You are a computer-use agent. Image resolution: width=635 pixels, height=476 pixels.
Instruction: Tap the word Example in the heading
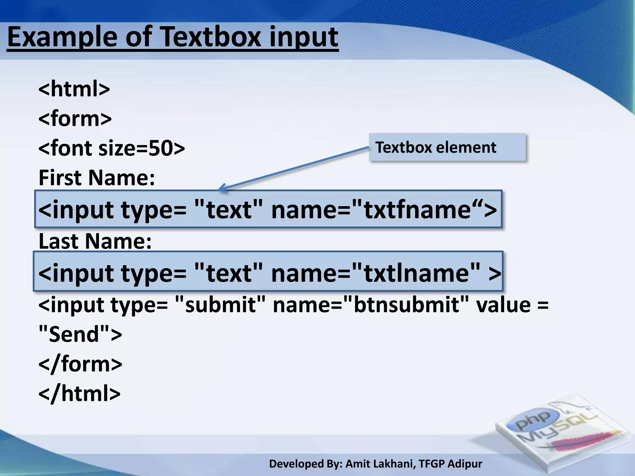[x=62, y=37]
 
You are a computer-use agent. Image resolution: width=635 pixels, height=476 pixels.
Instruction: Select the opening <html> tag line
[x=74, y=89]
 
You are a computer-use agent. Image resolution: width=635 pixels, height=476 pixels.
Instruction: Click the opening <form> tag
[x=75, y=118]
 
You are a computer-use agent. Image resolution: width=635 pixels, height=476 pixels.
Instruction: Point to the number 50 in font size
[x=161, y=148]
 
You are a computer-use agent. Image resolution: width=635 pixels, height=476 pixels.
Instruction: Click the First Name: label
[x=96, y=178]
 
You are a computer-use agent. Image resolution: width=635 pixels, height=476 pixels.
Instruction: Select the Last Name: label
[x=95, y=241]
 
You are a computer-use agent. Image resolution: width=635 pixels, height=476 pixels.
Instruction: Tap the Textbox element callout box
[x=447, y=147]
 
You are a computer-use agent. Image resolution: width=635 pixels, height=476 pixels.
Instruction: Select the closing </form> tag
[x=80, y=364]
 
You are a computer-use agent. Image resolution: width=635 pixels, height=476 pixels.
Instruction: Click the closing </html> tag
[x=79, y=394]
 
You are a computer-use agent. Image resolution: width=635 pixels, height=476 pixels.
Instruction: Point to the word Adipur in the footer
[x=465, y=464]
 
